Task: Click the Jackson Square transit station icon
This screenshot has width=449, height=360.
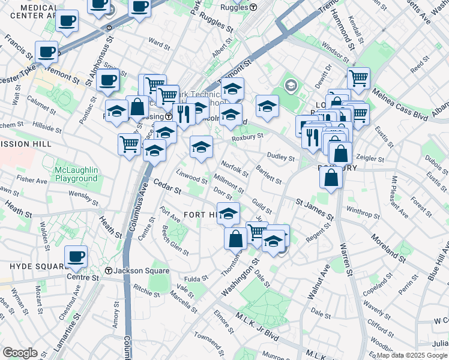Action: [109, 271]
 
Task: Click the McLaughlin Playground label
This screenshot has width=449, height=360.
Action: [76, 174]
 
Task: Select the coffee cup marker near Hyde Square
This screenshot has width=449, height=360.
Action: [76, 256]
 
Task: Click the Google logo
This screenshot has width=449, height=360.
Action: [20, 352]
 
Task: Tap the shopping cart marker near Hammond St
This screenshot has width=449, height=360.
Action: [358, 77]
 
